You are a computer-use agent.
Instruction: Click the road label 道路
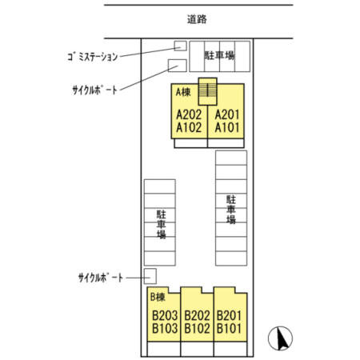coord(197,19)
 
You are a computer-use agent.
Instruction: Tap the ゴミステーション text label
coord(93,57)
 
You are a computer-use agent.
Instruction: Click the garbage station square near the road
coord(180,46)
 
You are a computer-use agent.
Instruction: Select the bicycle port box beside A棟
coord(177,66)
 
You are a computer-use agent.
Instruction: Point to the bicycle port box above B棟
coord(150,276)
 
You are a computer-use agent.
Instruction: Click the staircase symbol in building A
coord(208,91)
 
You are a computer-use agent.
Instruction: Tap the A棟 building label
coord(183,92)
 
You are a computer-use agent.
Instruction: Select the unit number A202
coord(189,114)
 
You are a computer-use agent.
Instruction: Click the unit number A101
coord(227,127)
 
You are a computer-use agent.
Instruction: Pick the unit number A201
coord(227,114)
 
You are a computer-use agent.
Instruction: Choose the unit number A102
coord(189,127)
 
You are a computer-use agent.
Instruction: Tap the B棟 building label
coord(158,297)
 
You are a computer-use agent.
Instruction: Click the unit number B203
coord(165,315)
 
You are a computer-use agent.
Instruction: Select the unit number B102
coord(197,328)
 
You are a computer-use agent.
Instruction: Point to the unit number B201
coord(229,315)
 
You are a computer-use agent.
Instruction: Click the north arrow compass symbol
coord(280,338)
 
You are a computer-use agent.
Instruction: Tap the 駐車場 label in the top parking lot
coord(219,55)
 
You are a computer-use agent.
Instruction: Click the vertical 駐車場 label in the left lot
coord(162,224)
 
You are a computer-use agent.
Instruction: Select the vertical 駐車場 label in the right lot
coord(231,210)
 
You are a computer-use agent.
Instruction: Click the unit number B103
coord(165,328)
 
